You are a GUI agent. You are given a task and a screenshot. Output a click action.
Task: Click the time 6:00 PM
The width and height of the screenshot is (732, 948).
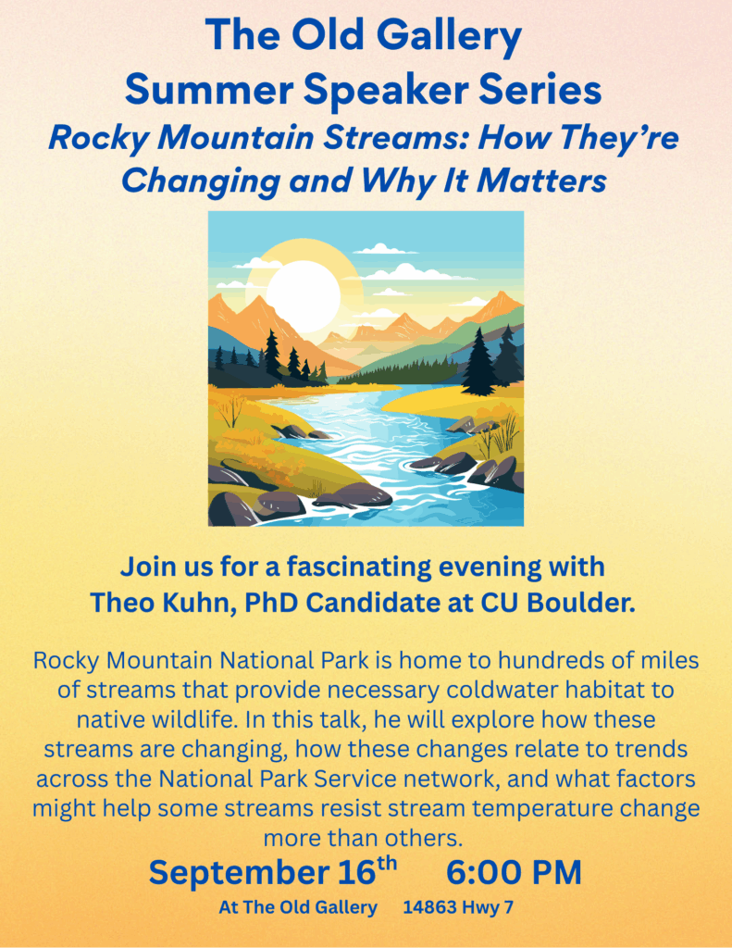[514, 872]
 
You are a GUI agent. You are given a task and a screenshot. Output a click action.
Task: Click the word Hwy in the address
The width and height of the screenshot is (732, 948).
[479, 908]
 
